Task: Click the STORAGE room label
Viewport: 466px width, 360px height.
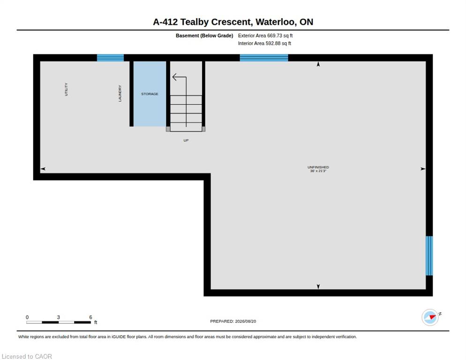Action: click(x=150, y=94)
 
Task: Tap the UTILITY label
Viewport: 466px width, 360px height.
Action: click(x=66, y=89)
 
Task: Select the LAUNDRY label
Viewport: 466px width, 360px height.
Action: click(x=120, y=93)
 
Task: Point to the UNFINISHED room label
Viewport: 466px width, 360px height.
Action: click(x=318, y=167)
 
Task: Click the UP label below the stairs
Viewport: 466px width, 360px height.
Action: click(x=186, y=140)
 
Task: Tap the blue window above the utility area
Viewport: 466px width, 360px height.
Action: click(x=110, y=58)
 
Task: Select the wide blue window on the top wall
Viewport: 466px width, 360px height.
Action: click(x=264, y=58)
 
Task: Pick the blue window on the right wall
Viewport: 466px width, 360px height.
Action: click(x=429, y=255)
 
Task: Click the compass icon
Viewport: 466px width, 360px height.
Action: click(x=430, y=317)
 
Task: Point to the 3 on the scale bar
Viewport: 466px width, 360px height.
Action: click(x=58, y=317)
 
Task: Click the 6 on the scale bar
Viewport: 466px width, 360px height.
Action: click(x=90, y=317)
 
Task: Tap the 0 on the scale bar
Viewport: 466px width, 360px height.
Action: click(x=27, y=317)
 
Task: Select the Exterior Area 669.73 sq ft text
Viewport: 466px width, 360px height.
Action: click(x=265, y=36)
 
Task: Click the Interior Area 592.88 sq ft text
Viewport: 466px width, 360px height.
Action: click(x=264, y=44)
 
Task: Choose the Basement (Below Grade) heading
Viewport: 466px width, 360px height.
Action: click(x=204, y=36)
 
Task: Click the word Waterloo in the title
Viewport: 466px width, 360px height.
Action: click(x=276, y=22)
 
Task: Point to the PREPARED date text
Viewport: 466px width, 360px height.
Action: click(x=233, y=322)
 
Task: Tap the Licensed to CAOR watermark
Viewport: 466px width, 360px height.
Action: click(x=27, y=356)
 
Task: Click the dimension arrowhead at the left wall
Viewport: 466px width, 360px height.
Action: click(x=43, y=169)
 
